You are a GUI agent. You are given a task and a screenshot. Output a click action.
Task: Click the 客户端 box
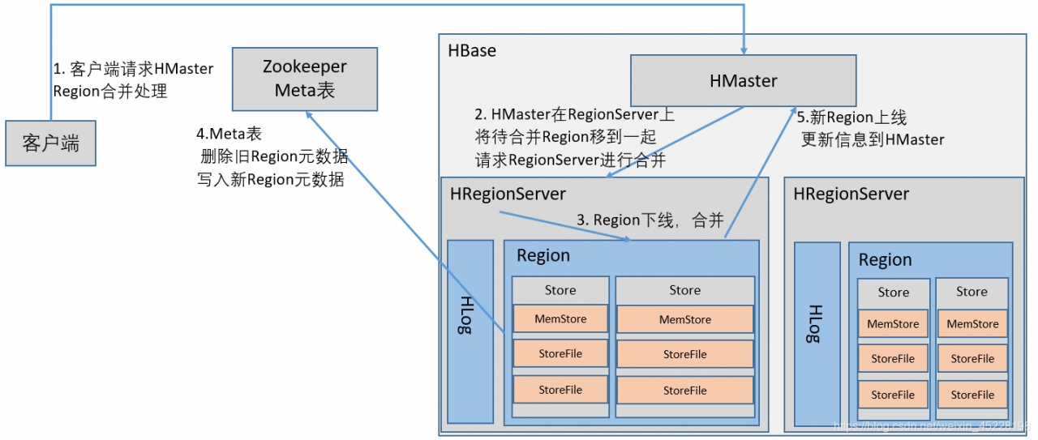pyautogui.click(x=50, y=144)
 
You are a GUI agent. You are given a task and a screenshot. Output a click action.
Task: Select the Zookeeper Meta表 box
pyautogui.click(x=304, y=79)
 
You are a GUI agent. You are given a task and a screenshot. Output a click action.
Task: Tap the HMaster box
pyautogui.click(x=743, y=80)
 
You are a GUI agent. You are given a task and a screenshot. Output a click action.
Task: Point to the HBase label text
pyautogui.click(x=471, y=50)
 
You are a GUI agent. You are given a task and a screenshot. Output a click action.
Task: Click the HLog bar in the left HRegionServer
pyautogui.click(x=470, y=331)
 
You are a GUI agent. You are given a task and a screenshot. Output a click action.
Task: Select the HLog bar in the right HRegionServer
pyautogui.click(x=817, y=334)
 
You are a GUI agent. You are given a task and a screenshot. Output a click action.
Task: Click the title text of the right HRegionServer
pyautogui.click(x=851, y=194)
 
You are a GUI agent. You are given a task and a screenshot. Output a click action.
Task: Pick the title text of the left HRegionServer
pyautogui.click(x=508, y=194)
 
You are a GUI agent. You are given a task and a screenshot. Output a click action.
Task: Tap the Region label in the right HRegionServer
pyautogui.click(x=885, y=260)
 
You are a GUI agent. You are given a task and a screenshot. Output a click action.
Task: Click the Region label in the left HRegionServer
pyautogui.click(x=543, y=256)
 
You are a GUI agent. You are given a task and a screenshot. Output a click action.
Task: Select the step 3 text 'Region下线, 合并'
pyautogui.click(x=650, y=220)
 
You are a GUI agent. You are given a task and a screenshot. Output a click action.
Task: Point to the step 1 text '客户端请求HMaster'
pyautogui.click(x=133, y=69)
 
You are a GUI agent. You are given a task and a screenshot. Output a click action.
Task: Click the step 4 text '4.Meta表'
pyautogui.click(x=229, y=134)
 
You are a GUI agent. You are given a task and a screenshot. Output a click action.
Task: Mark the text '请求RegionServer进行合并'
pyautogui.click(x=570, y=160)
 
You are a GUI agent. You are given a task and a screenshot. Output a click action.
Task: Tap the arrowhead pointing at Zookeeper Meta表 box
pyautogui.click(x=309, y=116)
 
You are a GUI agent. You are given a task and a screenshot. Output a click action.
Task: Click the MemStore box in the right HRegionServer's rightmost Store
pyautogui.click(x=972, y=324)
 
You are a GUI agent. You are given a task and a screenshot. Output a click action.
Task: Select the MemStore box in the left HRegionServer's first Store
pyautogui.click(x=560, y=319)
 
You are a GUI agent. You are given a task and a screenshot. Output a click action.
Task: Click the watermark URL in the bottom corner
pyautogui.click(x=933, y=425)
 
